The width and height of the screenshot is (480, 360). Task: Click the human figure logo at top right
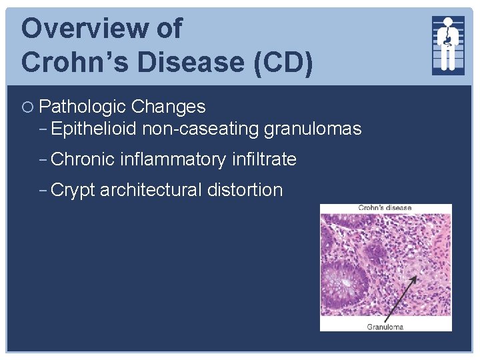click(448, 45)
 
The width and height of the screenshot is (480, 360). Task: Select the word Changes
click(169, 107)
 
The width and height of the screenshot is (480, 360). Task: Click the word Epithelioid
click(93, 129)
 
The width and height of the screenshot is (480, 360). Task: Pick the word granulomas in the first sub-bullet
click(313, 129)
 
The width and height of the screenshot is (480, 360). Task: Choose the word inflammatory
click(173, 159)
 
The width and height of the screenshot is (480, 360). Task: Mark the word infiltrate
click(265, 159)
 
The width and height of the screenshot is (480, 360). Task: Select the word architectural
click(151, 190)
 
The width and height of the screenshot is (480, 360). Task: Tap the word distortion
click(245, 190)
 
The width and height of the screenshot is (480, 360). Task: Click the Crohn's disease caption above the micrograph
click(385, 208)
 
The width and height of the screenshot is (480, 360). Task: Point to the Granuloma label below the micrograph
click(385, 327)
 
